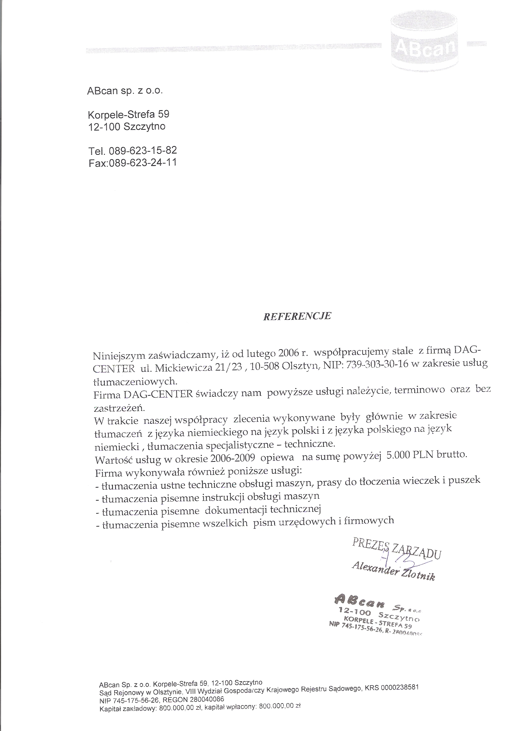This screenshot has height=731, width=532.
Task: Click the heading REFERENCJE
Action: point(297,316)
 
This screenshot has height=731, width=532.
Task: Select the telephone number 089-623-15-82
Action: point(143,150)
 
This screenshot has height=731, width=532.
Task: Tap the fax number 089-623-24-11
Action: point(143,163)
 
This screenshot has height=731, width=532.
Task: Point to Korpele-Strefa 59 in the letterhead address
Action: point(128,114)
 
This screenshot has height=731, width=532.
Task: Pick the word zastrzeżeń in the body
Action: point(119,408)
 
